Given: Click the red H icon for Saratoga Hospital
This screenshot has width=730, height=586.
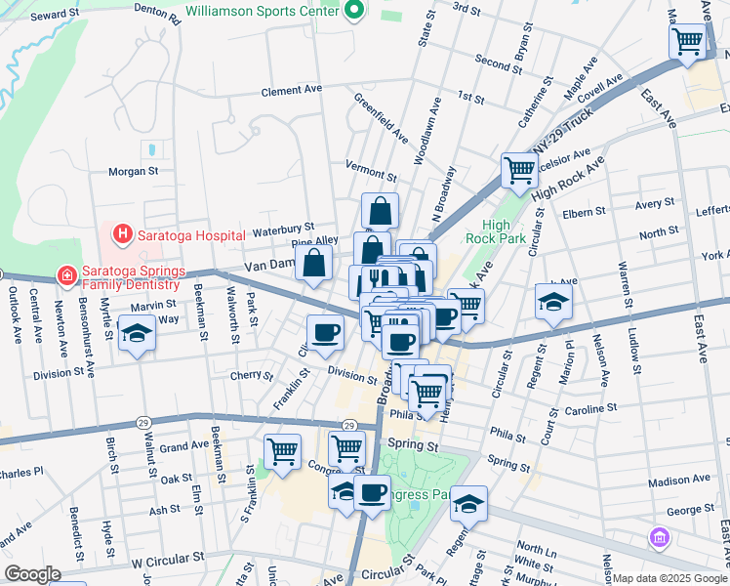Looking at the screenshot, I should pos(123,234).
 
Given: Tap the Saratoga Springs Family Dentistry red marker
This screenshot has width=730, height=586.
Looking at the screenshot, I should pos(66,276).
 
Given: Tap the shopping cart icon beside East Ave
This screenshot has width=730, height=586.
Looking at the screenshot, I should pos(687,41).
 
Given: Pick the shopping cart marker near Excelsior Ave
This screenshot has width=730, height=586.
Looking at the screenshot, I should pos(519,170).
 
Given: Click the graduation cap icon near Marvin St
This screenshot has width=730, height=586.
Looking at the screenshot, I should pos(137,334).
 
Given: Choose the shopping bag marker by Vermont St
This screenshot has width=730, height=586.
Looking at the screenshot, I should pos(380,210).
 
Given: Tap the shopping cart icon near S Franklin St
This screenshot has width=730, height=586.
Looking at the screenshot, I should pos(282,452).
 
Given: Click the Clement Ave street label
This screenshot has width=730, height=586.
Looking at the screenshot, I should pos(291,91).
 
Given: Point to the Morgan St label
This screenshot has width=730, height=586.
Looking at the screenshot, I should pos(133,171).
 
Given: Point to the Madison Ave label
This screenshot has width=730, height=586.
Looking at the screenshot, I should pos(678,481).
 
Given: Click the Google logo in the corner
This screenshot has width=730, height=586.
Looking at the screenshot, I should pos(32,574).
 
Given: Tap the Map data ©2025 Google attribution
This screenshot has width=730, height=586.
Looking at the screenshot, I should pos(669,578).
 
